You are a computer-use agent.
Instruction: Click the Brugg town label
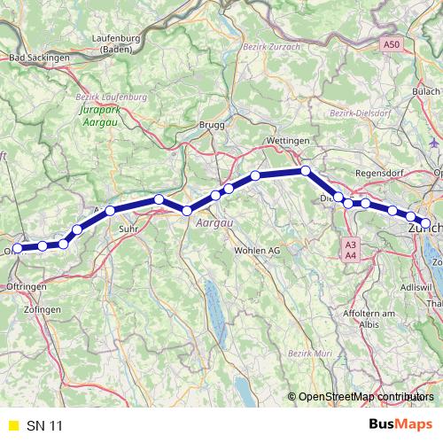pos(214,125)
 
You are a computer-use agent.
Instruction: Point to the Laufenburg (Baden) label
pos(119,43)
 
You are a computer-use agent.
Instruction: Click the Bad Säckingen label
pos(38,58)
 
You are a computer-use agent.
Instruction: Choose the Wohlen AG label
pos(257,251)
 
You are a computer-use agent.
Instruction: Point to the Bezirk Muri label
pos(310,354)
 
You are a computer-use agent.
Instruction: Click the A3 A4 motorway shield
pos(352,250)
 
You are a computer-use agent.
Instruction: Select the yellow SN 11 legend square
pos(12,426)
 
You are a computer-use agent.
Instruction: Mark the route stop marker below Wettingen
pos(305,170)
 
